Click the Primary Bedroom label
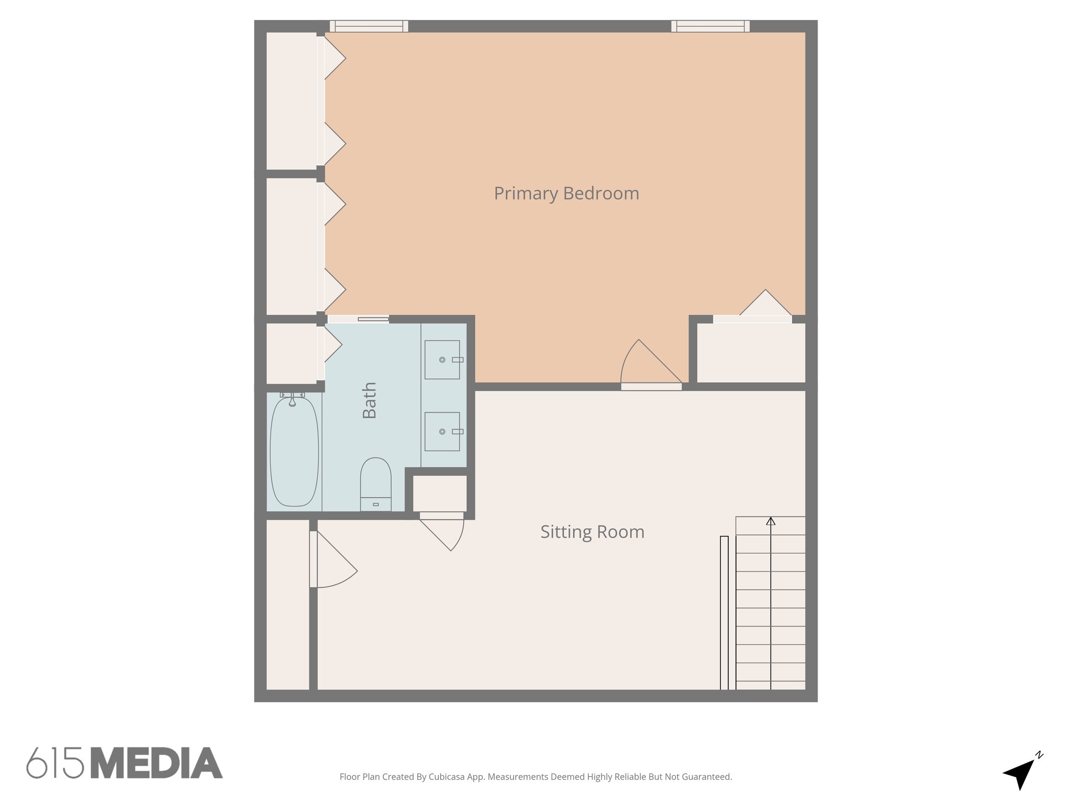pos(566,194)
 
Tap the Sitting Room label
pos(592,532)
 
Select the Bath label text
pos(370,400)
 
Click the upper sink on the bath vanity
pos(442,360)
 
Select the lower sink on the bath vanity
pos(442,431)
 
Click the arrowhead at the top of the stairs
pos(770,521)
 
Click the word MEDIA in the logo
pos(157,763)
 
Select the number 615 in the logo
pos(55,763)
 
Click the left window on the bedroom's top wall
pos(369,26)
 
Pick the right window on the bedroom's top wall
pos(710,26)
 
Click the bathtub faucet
pos(293,398)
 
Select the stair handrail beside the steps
pos(724,612)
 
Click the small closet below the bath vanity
pos(440,494)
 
